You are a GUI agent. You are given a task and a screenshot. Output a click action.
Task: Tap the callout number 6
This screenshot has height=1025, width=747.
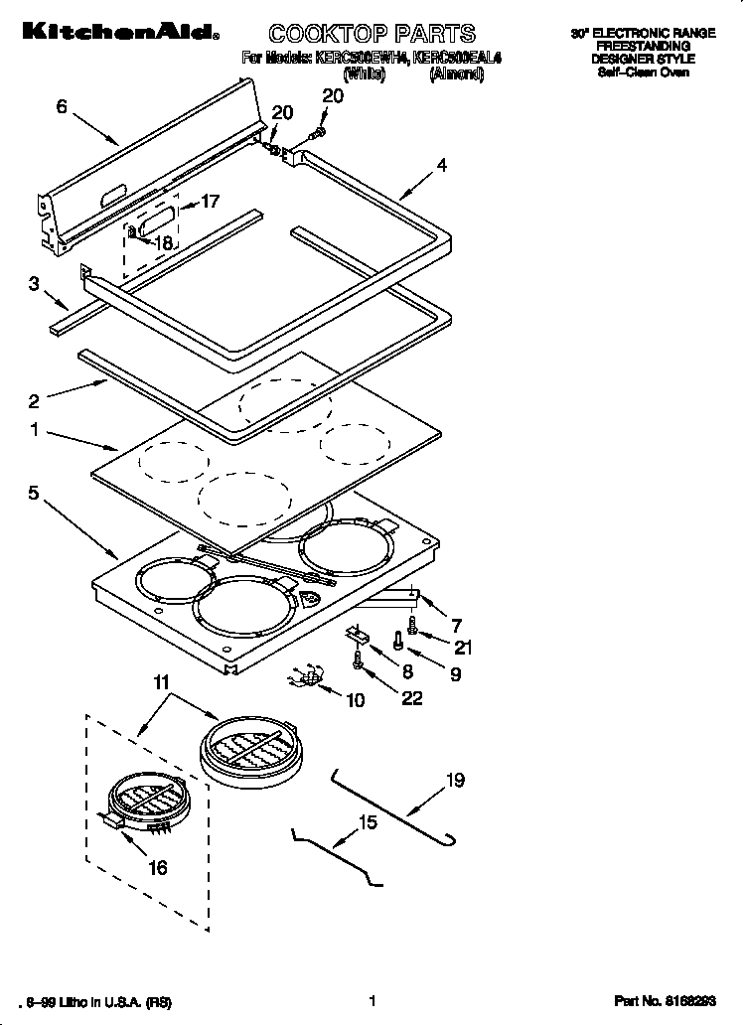pos(62,107)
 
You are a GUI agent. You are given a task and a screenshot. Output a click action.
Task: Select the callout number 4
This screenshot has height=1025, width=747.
pos(441,166)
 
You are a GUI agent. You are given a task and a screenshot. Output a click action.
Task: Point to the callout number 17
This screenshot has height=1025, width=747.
pos(210,202)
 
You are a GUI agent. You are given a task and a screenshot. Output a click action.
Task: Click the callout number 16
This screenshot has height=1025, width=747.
pos(157,867)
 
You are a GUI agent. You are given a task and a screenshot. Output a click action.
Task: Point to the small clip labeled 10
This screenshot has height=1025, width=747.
pos(304,677)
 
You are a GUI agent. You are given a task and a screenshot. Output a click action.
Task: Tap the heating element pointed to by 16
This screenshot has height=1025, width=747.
pos(147,801)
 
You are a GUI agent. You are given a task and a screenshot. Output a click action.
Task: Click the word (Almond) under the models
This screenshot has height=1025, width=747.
pos(456,73)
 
